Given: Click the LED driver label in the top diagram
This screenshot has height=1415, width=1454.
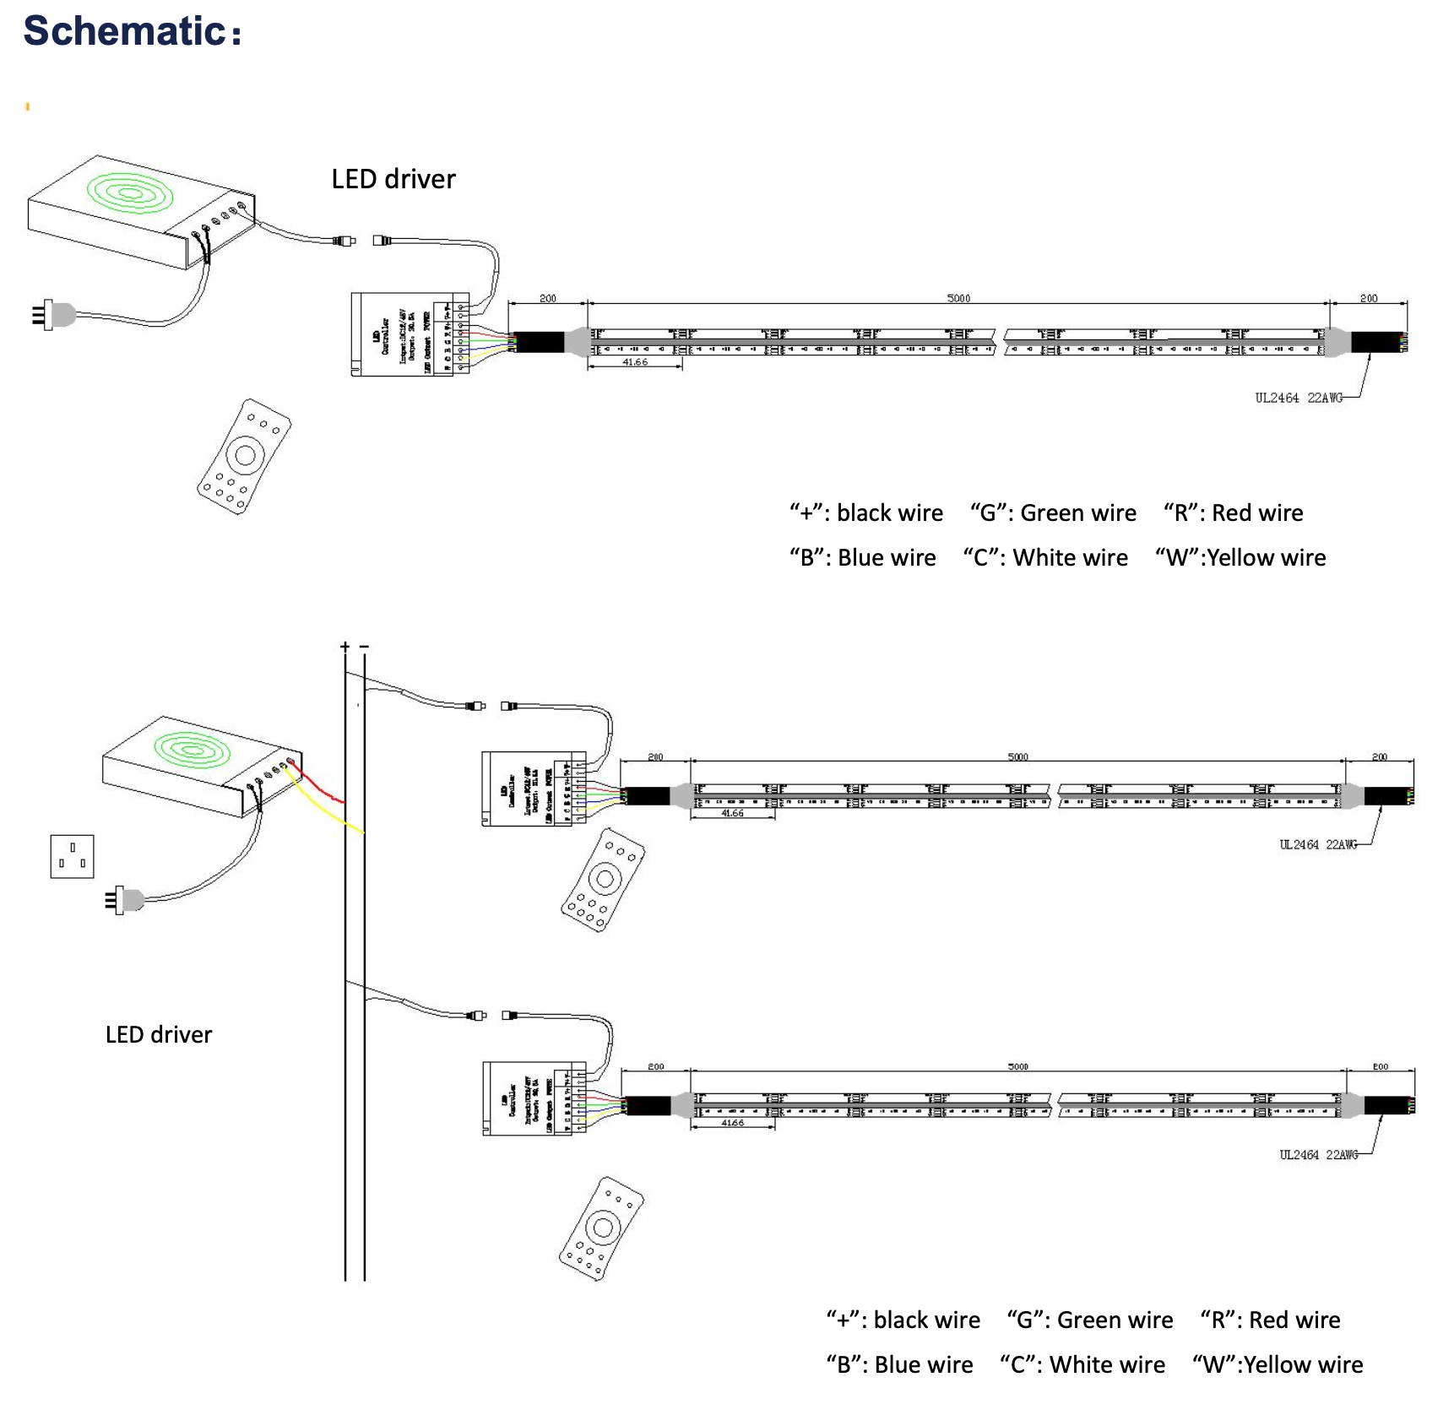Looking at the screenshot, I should pyautogui.click(x=393, y=179).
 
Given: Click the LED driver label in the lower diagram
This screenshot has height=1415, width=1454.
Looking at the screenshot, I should pyautogui.click(x=159, y=1034).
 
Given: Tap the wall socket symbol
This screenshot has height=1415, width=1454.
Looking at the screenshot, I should pyautogui.click(x=72, y=856).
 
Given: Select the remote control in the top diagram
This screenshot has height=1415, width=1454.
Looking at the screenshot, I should pyautogui.click(x=243, y=457).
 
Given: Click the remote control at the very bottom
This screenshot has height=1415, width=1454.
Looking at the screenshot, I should pyautogui.click(x=601, y=1228).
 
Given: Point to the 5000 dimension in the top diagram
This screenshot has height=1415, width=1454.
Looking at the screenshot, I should pyautogui.click(x=958, y=298).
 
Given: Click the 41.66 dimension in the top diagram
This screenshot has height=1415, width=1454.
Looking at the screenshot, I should pyautogui.click(x=635, y=362).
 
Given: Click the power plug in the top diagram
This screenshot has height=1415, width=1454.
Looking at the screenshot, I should pyautogui.click(x=53, y=315).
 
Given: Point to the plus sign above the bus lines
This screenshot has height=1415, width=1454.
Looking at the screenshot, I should pyautogui.click(x=345, y=647).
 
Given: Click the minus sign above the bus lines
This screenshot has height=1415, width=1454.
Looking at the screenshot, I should pyautogui.click(x=364, y=647).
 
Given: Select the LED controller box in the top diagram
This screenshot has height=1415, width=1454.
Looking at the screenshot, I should pyautogui.click(x=410, y=334).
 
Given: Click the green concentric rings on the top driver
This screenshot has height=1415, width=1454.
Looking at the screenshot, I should pyautogui.click(x=130, y=193).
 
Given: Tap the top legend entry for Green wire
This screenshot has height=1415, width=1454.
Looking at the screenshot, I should pyautogui.click(x=1053, y=512).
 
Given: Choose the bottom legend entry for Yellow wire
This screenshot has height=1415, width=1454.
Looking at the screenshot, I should pyautogui.click(x=1278, y=1364).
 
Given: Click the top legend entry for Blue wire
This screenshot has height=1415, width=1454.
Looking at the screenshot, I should pyautogui.click(x=863, y=557).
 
